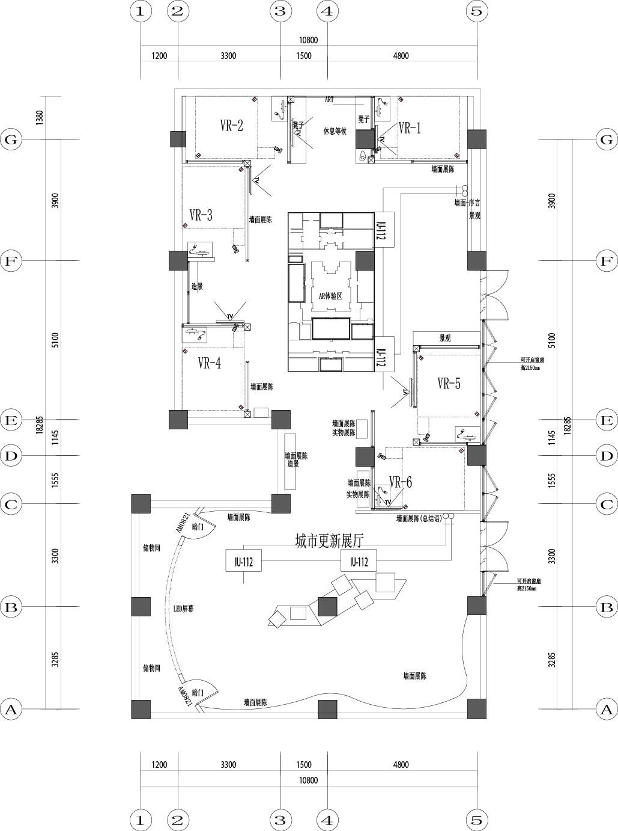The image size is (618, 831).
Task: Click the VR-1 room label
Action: pyautogui.click(x=410, y=128)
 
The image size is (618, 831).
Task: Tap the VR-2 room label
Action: pyautogui.click(x=231, y=126)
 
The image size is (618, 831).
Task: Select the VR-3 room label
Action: pyautogui.click(x=201, y=215)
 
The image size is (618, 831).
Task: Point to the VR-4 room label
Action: pyautogui.click(x=209, y=363)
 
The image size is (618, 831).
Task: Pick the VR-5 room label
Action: pyautogui.click(x=449, y=384)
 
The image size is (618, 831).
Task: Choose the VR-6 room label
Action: pyautogui.click(x=401, y=482)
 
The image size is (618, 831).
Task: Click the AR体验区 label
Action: pyautogui.click(x=330, y=296)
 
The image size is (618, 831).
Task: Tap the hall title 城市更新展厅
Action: pyautogui.click(x=330, y=541)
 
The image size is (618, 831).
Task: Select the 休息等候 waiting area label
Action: pyautogui.click(x=335, y=131)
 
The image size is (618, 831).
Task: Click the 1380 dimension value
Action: pyautogui.click(x=40, y=117)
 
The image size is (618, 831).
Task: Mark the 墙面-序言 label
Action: pyautogui.click(x=467, y=203)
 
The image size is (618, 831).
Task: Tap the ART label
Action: pyautogui.click(x=329, y=99)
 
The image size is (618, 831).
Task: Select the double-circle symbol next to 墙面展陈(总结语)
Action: pyautogui.click(x=449, y=517)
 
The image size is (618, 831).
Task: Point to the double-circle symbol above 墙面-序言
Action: pyautogui.click(x=464, y=188)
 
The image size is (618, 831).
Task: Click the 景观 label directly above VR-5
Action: pyautogui.click(x=444, y=339)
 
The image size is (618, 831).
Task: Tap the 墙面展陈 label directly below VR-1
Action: pyautogui.click(x=443, y=170)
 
